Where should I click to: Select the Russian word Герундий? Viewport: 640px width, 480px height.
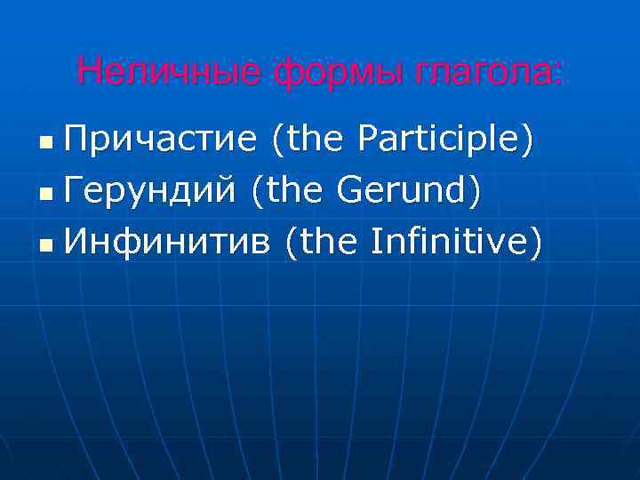pos(151,189)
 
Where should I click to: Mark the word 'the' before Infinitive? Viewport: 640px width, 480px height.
pos(334,239)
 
